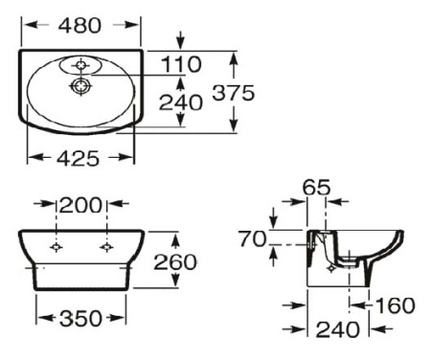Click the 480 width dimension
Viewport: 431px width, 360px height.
[80, 26]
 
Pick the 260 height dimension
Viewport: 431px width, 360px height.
[202, 261]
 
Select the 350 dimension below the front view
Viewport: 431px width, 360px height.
[81, 318]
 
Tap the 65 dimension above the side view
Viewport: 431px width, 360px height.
[317, 188]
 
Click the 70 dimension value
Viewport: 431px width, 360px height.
[253, 239]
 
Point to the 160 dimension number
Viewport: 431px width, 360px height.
[395, 305]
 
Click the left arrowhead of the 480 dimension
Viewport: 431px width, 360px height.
[25, 26]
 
